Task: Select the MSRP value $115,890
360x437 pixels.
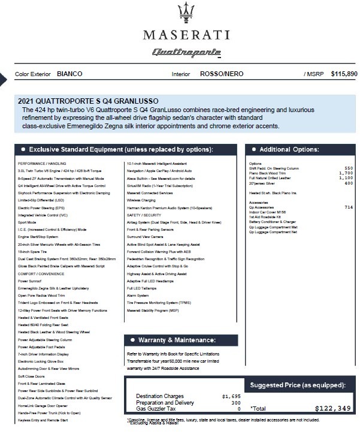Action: [x=340, y=74]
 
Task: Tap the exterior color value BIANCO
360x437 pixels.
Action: [x=69, y=74]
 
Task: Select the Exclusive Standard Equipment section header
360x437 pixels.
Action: [x=117, y=149]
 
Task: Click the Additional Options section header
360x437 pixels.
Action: [x=289, y=149]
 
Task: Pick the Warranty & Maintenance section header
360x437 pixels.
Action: [x=176, y=340]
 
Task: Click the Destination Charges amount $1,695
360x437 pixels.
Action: [x=231, y=396]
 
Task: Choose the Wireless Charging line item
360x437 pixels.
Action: [x=141, y=201]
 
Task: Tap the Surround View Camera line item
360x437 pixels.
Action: [x=146, y=237]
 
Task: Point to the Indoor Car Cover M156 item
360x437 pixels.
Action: [x=268, y=212]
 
